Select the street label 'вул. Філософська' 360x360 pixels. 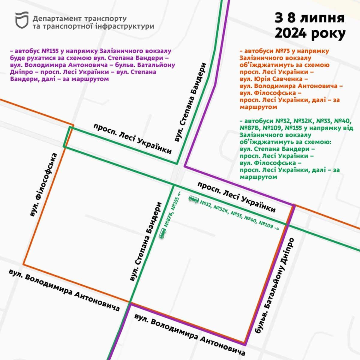point(44,185)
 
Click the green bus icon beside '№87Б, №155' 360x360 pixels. point(162,233)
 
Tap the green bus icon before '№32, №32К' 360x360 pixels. point(193,199)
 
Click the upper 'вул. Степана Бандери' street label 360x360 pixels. point(191,102)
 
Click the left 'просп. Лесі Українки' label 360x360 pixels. point(133,139)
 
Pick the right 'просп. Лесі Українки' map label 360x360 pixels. point(236,197)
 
